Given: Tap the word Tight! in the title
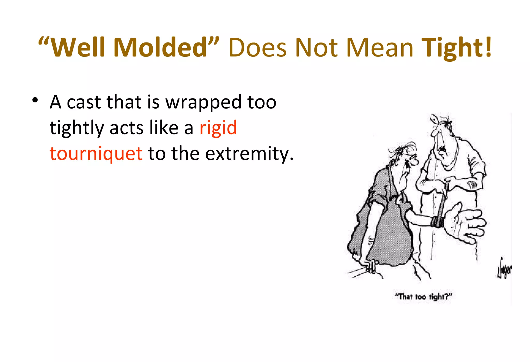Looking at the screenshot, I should [456, 48].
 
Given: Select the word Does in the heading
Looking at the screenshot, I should [257, 48].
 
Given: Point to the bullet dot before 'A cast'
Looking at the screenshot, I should [35, 100].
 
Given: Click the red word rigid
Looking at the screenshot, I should [218, 128].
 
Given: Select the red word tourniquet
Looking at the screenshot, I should [96, 153].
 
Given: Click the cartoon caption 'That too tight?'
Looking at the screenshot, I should [423, 296].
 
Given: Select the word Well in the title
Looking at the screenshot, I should [78, 47].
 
